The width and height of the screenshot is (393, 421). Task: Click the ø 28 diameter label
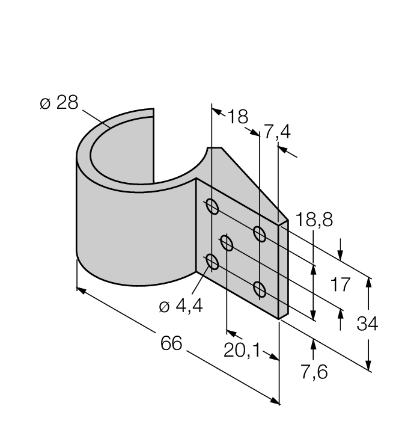tap(59, 103)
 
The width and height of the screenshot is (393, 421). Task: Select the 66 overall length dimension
tap(172, 343)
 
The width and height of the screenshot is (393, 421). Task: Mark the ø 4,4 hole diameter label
tap(181, 306)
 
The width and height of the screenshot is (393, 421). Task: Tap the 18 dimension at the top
tap(237, 116)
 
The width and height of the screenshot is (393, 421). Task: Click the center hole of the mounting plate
tap(227, 244)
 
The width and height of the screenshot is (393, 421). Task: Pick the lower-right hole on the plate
tap(260, 289)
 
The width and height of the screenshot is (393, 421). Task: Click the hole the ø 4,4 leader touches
tap(212, 262)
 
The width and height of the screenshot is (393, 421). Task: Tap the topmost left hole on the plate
tap(212, 207)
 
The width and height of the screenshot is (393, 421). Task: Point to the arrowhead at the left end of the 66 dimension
tap(81, 290)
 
